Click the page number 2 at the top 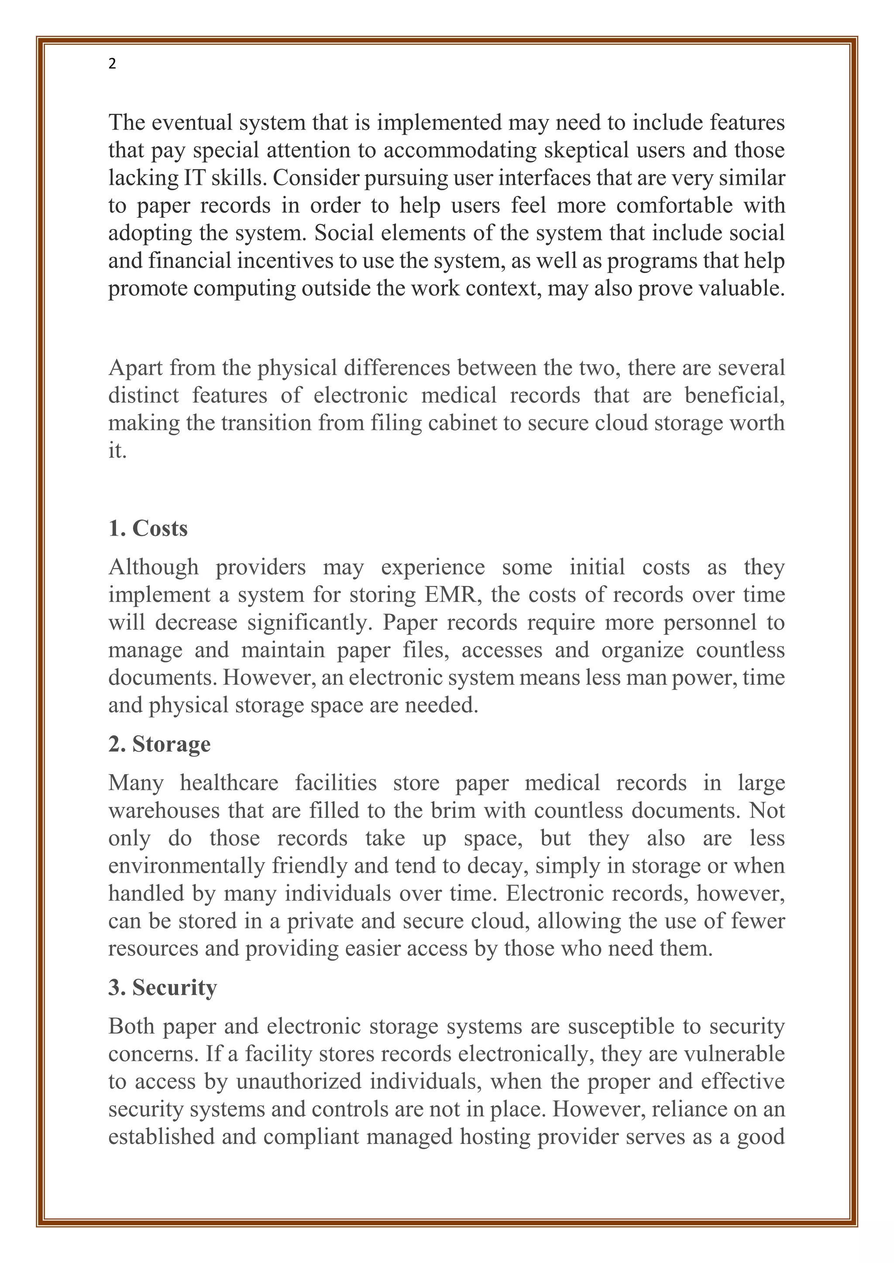coord(112,65)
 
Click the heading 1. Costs coord(148,529)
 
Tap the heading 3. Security coord(163,987)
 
